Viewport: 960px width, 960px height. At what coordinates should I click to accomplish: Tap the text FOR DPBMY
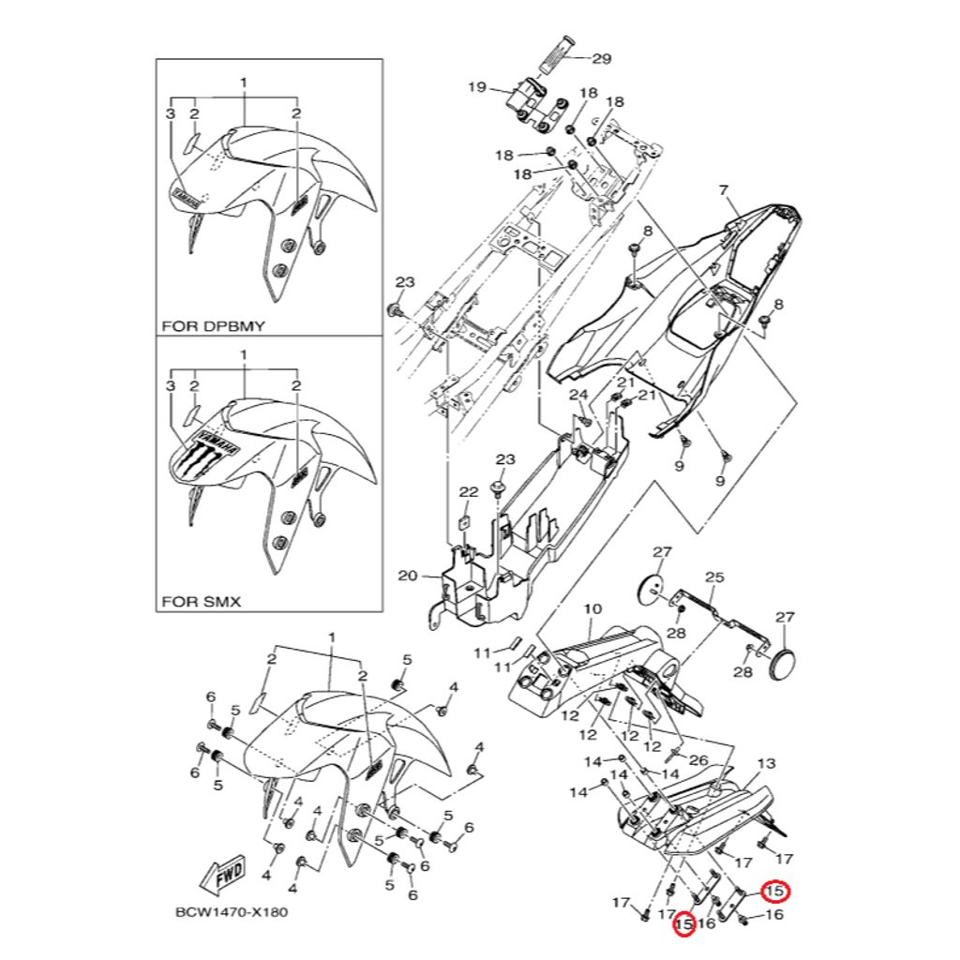click(x=213, y=326)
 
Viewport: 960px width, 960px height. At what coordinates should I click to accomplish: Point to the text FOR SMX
click(x=202, y=601)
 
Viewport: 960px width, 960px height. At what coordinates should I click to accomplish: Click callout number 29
click(x=601, y=58)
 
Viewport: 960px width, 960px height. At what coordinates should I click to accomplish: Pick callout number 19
click(x=476, y=87)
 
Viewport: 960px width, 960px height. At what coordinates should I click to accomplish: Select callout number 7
click(x=723, y=191)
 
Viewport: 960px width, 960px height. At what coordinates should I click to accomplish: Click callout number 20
click(x=406, y=577)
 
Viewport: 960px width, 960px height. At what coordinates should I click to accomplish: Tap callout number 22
click(x=468, y=491)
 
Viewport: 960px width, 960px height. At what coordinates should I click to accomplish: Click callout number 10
click(x=592, y=609)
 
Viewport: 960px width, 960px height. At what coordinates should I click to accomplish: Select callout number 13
click(x=766, y=763)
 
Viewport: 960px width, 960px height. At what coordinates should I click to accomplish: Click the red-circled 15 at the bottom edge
click(x=683, y=925)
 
